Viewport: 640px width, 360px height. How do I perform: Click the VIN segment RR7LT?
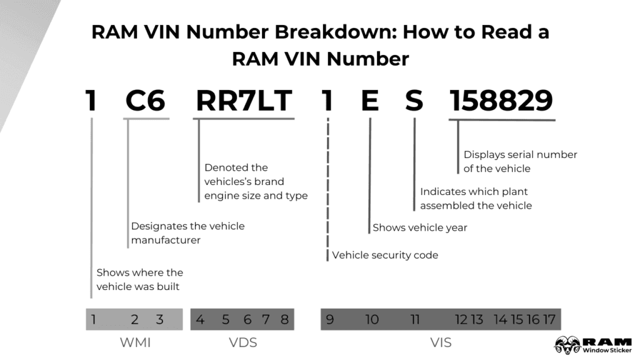click(244, 101)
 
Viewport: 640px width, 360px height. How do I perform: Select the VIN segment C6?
click(146, 101)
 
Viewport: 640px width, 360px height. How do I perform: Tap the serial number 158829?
click(501, 101)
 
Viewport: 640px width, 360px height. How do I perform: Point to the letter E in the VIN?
click(370, 101)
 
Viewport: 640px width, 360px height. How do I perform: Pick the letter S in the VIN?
click(414, 101)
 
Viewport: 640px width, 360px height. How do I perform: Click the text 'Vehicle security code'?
click(385, 255)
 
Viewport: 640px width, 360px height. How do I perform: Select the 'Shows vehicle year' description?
click(420, 227)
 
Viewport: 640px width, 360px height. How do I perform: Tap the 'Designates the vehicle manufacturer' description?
click(187, 233)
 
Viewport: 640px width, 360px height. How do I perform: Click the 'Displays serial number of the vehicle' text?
click(520, 161)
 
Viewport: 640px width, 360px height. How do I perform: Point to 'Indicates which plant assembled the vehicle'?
click(476, 198)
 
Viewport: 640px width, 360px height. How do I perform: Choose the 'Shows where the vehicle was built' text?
click(139, 279)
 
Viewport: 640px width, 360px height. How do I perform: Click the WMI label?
click(134, 342)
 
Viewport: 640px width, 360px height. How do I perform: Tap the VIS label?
click(441, 342)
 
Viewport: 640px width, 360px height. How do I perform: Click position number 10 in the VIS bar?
click(372, 320)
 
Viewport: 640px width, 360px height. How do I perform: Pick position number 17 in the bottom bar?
click(549, 320)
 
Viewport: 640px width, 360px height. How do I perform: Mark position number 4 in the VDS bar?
click(200, 320)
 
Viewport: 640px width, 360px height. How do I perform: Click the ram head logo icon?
click(567, 344)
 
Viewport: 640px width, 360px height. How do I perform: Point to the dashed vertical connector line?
click(327, 187)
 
